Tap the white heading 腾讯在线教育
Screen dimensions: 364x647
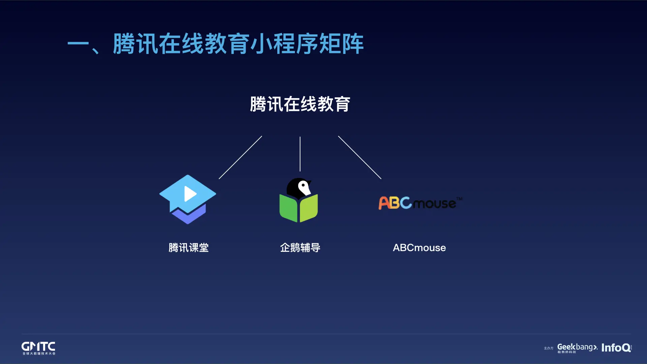tap(300, 104)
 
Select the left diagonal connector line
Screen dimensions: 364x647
tap(240, 157)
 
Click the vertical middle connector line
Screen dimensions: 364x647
tap(300, 154)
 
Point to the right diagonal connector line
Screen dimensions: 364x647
tap(360, 157)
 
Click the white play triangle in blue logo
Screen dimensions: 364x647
tap(190, 194)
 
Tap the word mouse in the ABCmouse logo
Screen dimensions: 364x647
tap(435, 204)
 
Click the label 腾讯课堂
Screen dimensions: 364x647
tap(189, 248)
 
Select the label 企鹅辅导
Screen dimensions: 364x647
tap(300, 248)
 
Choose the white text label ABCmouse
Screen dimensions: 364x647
tap(419, 248)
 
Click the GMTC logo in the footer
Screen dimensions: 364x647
tap(38, 348)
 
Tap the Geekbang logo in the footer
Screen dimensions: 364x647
tap(577, 348)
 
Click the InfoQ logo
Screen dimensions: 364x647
tap(616, 348)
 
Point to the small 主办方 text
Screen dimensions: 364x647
tap(549, 348)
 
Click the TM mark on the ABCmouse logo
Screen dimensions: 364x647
tap(459, 199)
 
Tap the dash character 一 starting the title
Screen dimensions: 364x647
tap(78, 44)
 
